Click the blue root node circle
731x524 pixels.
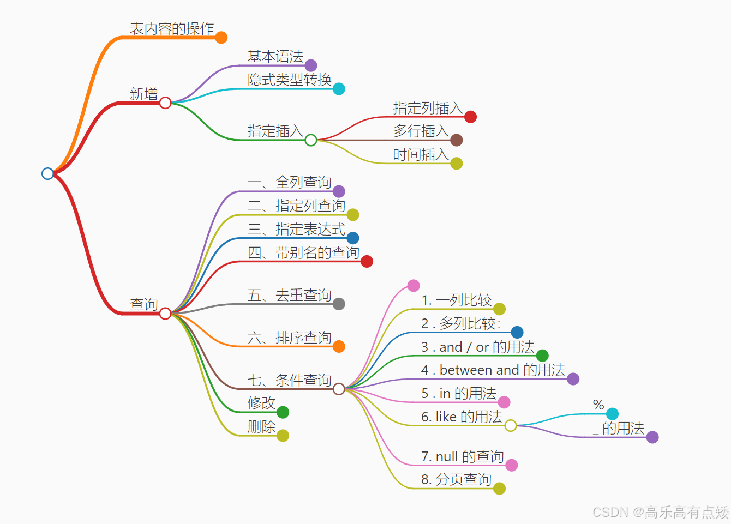pyautogui.click(x=47, y=173)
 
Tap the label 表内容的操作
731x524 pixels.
pyautogui.click(x=171, y=28)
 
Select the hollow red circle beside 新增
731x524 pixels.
pyautogui.click(x=165, y=103)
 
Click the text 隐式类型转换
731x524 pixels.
pyautogui.click(x=289, y=80)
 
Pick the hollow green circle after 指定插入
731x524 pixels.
pyautogui.click(x=311, y=140)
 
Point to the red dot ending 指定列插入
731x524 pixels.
pyautogui.click(x=470, y=117)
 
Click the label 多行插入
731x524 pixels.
pyautogui.click(x=421, y=131)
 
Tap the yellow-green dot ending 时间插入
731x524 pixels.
pyautogui.click(x=457, y=163)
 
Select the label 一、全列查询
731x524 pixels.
pyautogui.click(x=289, y=182)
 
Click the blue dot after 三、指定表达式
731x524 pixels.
pyautogui.click(x=353, y=238)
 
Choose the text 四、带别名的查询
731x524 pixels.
pyautogui.click(x=303, y=252)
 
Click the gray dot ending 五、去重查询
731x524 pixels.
pyautogui.click(x=339, y=304)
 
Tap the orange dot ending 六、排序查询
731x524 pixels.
pyautogui.click(x=339, y=346)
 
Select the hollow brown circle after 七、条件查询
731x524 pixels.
pyautogui.click(x=339, y=389)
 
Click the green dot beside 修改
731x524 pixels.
pyautogui.click(x=283, y=412)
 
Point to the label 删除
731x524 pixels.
pyautogui.click(x=261, y=426)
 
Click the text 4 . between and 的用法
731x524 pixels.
pyautogui.click(x=493, y=370)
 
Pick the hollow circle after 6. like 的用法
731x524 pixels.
pyautogui.click(x=511, y=425)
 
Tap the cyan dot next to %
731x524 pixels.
pyautogui.click(x=612, y=414)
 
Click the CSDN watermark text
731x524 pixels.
pyautogui.click(x=660, y=512)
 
